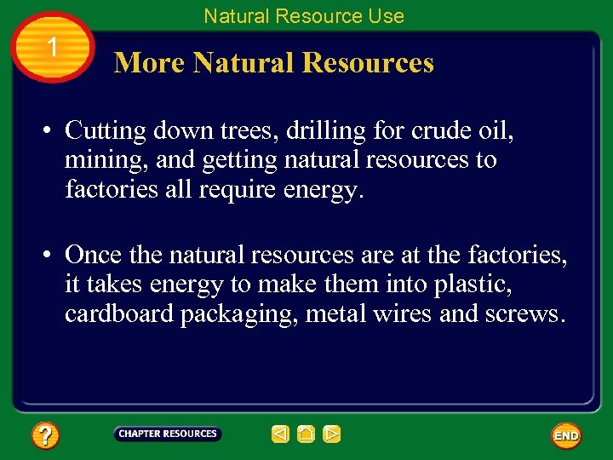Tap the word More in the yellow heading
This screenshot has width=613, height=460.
[150, 63]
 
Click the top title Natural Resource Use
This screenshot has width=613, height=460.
[304, 15]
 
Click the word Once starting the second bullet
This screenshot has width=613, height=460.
[94, 255]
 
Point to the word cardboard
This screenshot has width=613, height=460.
[119, 313]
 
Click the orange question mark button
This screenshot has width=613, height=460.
[44, 436]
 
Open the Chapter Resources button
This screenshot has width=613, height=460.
[168, 434]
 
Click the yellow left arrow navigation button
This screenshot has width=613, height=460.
[280, 434]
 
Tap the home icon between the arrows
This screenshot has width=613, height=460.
[306, 434]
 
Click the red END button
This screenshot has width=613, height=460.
[566, 435]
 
